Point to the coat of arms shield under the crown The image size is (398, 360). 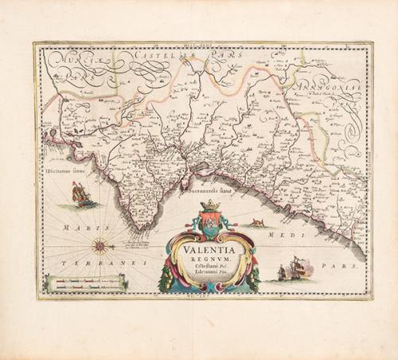[x=210, y=226]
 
